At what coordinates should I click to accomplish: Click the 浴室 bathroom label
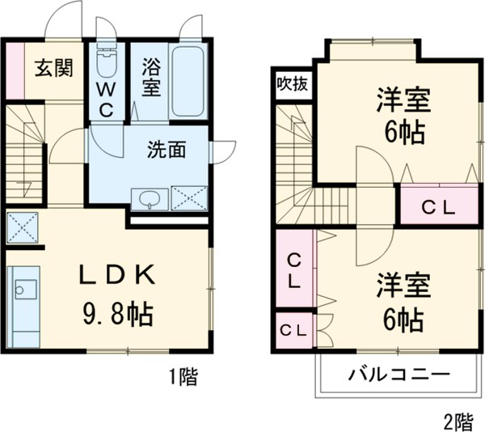pyautogui.click(x=150, y=77)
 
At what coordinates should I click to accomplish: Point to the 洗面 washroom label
pyautogui.click(x=167, y=149)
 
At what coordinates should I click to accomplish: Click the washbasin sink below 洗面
pyautogui.click(x=150, y=198)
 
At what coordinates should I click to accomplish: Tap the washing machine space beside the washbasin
pyautogui.click(x=189, y=198)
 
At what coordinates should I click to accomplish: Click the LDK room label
pyautogui.click(x=116, y=275)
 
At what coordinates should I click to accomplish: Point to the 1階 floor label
pyautogui.click(x=183, y=375)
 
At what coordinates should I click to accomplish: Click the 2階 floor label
pyautogui.click(x=458, y=420)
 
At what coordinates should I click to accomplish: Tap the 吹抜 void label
pyautogui.click(x=293, y=83)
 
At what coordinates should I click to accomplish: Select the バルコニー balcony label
pyautogui.click(x=399, y=375)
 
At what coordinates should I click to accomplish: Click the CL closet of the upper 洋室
pyautogui.click(x=439, y=206)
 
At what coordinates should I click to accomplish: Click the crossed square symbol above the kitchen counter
pyautogui.click(x=23, y=227)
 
